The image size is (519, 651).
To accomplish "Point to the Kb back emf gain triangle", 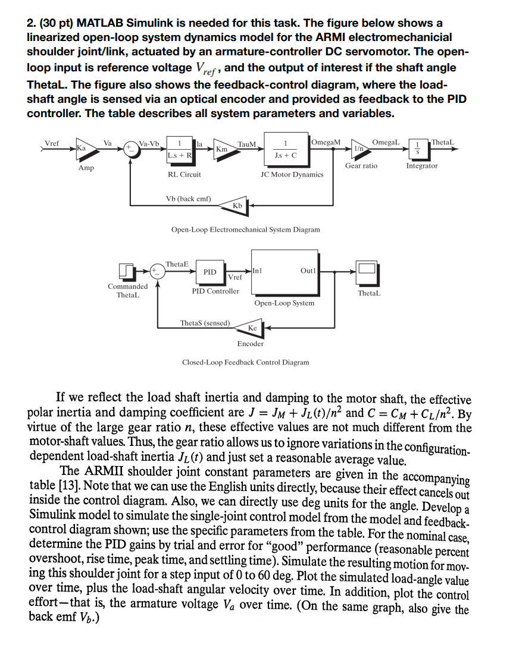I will [x=239, y=205].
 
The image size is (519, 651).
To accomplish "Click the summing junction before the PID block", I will [x=158, y=272].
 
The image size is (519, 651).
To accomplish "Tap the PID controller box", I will [x=210, y=272].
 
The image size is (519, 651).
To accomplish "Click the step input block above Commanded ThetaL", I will [x=127, y=272].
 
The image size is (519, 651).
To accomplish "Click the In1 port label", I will [x=259, y=271].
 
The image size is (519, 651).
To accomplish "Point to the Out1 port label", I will [x=308, y=271].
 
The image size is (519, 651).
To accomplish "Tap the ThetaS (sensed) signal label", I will [x=205, y=323].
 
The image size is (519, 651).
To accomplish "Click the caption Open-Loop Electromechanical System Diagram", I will [x=245, y=229].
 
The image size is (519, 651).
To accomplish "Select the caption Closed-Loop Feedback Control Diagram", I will [x=245, y=362].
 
